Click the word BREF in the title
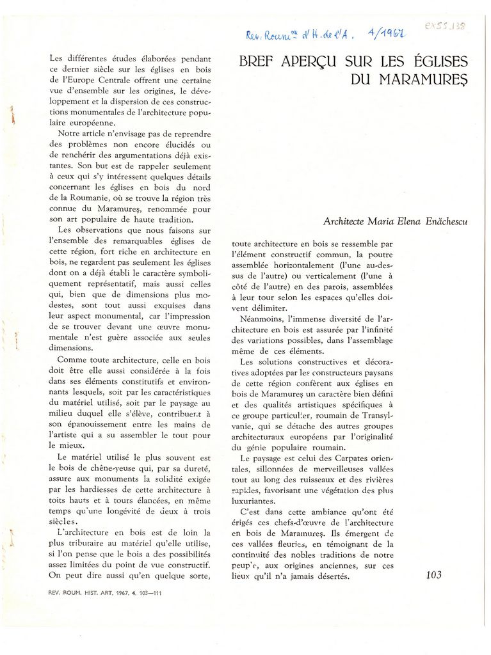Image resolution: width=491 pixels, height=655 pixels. [x=259, y=63]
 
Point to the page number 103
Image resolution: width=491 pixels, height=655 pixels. [x=433, y=575]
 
